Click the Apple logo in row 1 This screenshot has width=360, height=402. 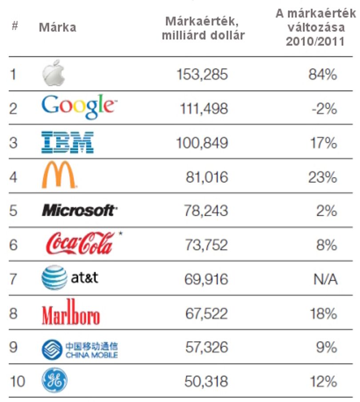click(53, 73)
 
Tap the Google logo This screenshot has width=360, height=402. click(79, 107)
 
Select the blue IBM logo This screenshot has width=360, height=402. click(68, 142)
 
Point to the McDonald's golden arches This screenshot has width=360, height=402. click(59, 175)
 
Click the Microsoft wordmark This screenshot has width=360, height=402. click(80, 210)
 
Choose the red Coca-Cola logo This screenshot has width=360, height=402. click(80, 243)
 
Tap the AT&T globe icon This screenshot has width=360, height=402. click(54, 277)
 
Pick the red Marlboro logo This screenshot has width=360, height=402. click(71, 312)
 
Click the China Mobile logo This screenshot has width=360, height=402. click(80, 350)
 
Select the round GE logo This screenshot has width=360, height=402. click(54, 381)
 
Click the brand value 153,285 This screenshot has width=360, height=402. click(202, 74)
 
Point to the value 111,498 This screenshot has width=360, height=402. click(204, 109)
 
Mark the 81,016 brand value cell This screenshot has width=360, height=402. click(207, 177)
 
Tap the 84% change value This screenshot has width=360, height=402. click(323, 75)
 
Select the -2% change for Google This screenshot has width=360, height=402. click(324, 109)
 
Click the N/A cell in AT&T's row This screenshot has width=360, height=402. click(325, 279)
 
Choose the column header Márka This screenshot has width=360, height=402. click(57, 27)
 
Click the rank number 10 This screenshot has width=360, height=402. click(17, 381)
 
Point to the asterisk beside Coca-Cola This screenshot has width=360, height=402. click(120, 233)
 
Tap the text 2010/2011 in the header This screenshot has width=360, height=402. click(315, 41)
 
